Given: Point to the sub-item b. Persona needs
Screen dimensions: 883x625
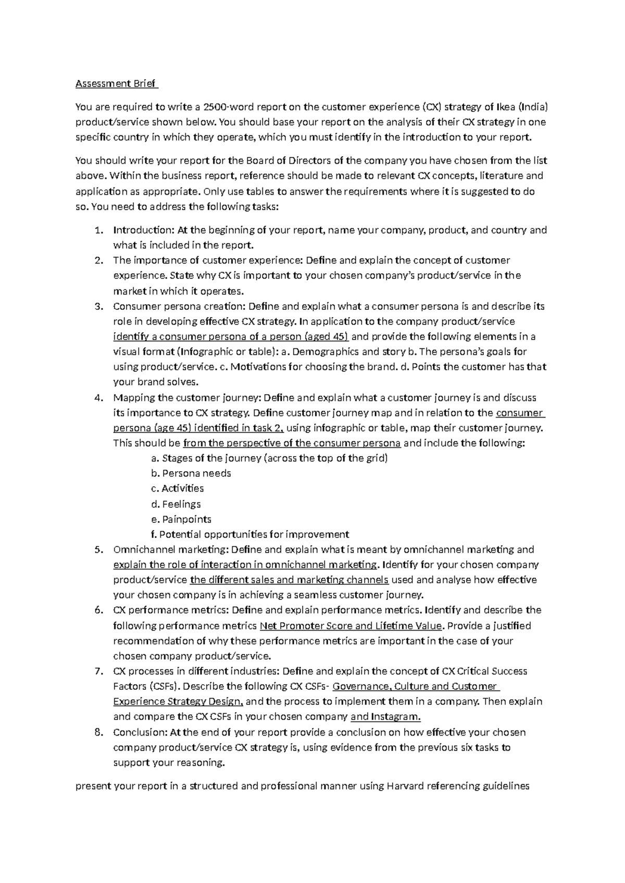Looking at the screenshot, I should click(x=191, y=473).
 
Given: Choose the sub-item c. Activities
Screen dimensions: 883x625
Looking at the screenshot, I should click(x=177, y=488).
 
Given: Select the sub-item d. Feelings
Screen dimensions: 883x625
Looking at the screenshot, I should click(x=176, y=504).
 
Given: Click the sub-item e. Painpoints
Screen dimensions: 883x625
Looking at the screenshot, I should click(x=181, y=519).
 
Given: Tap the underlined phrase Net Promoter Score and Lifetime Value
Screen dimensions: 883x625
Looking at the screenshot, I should click(x=351, y=626).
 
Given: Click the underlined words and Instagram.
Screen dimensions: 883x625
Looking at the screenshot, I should click(x=385, y=717).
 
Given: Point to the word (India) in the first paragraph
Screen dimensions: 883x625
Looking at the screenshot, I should click(x=532, y=107).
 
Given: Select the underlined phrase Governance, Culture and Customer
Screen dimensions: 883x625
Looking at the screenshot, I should click(x=415, y=687).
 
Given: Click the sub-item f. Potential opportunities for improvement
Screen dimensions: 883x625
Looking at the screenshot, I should click(x=249, y=535).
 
